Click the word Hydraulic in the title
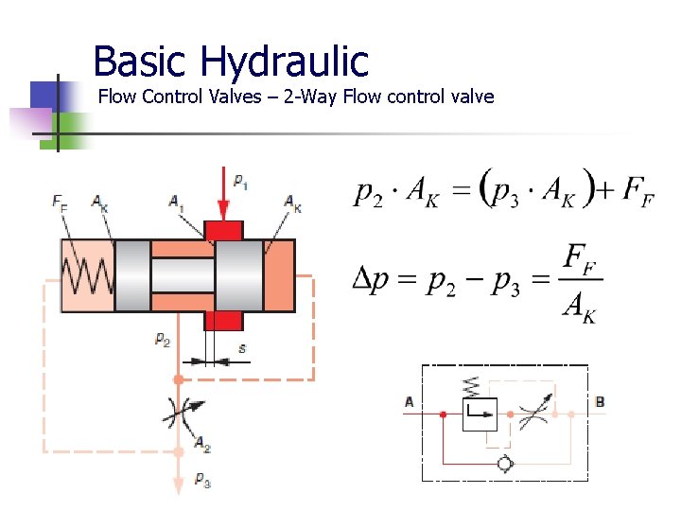(x=284, y=62)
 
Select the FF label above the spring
(x=60, y=201)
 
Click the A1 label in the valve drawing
(x=176, y=201)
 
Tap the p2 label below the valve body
(x=163, y=339)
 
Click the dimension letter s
(x=242, y=349)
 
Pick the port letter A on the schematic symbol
(x=410, y=402)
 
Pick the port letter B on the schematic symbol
(x=600, y=402)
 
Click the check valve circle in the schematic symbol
(x=505, y=464)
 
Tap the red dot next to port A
(x=443, y=414)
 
